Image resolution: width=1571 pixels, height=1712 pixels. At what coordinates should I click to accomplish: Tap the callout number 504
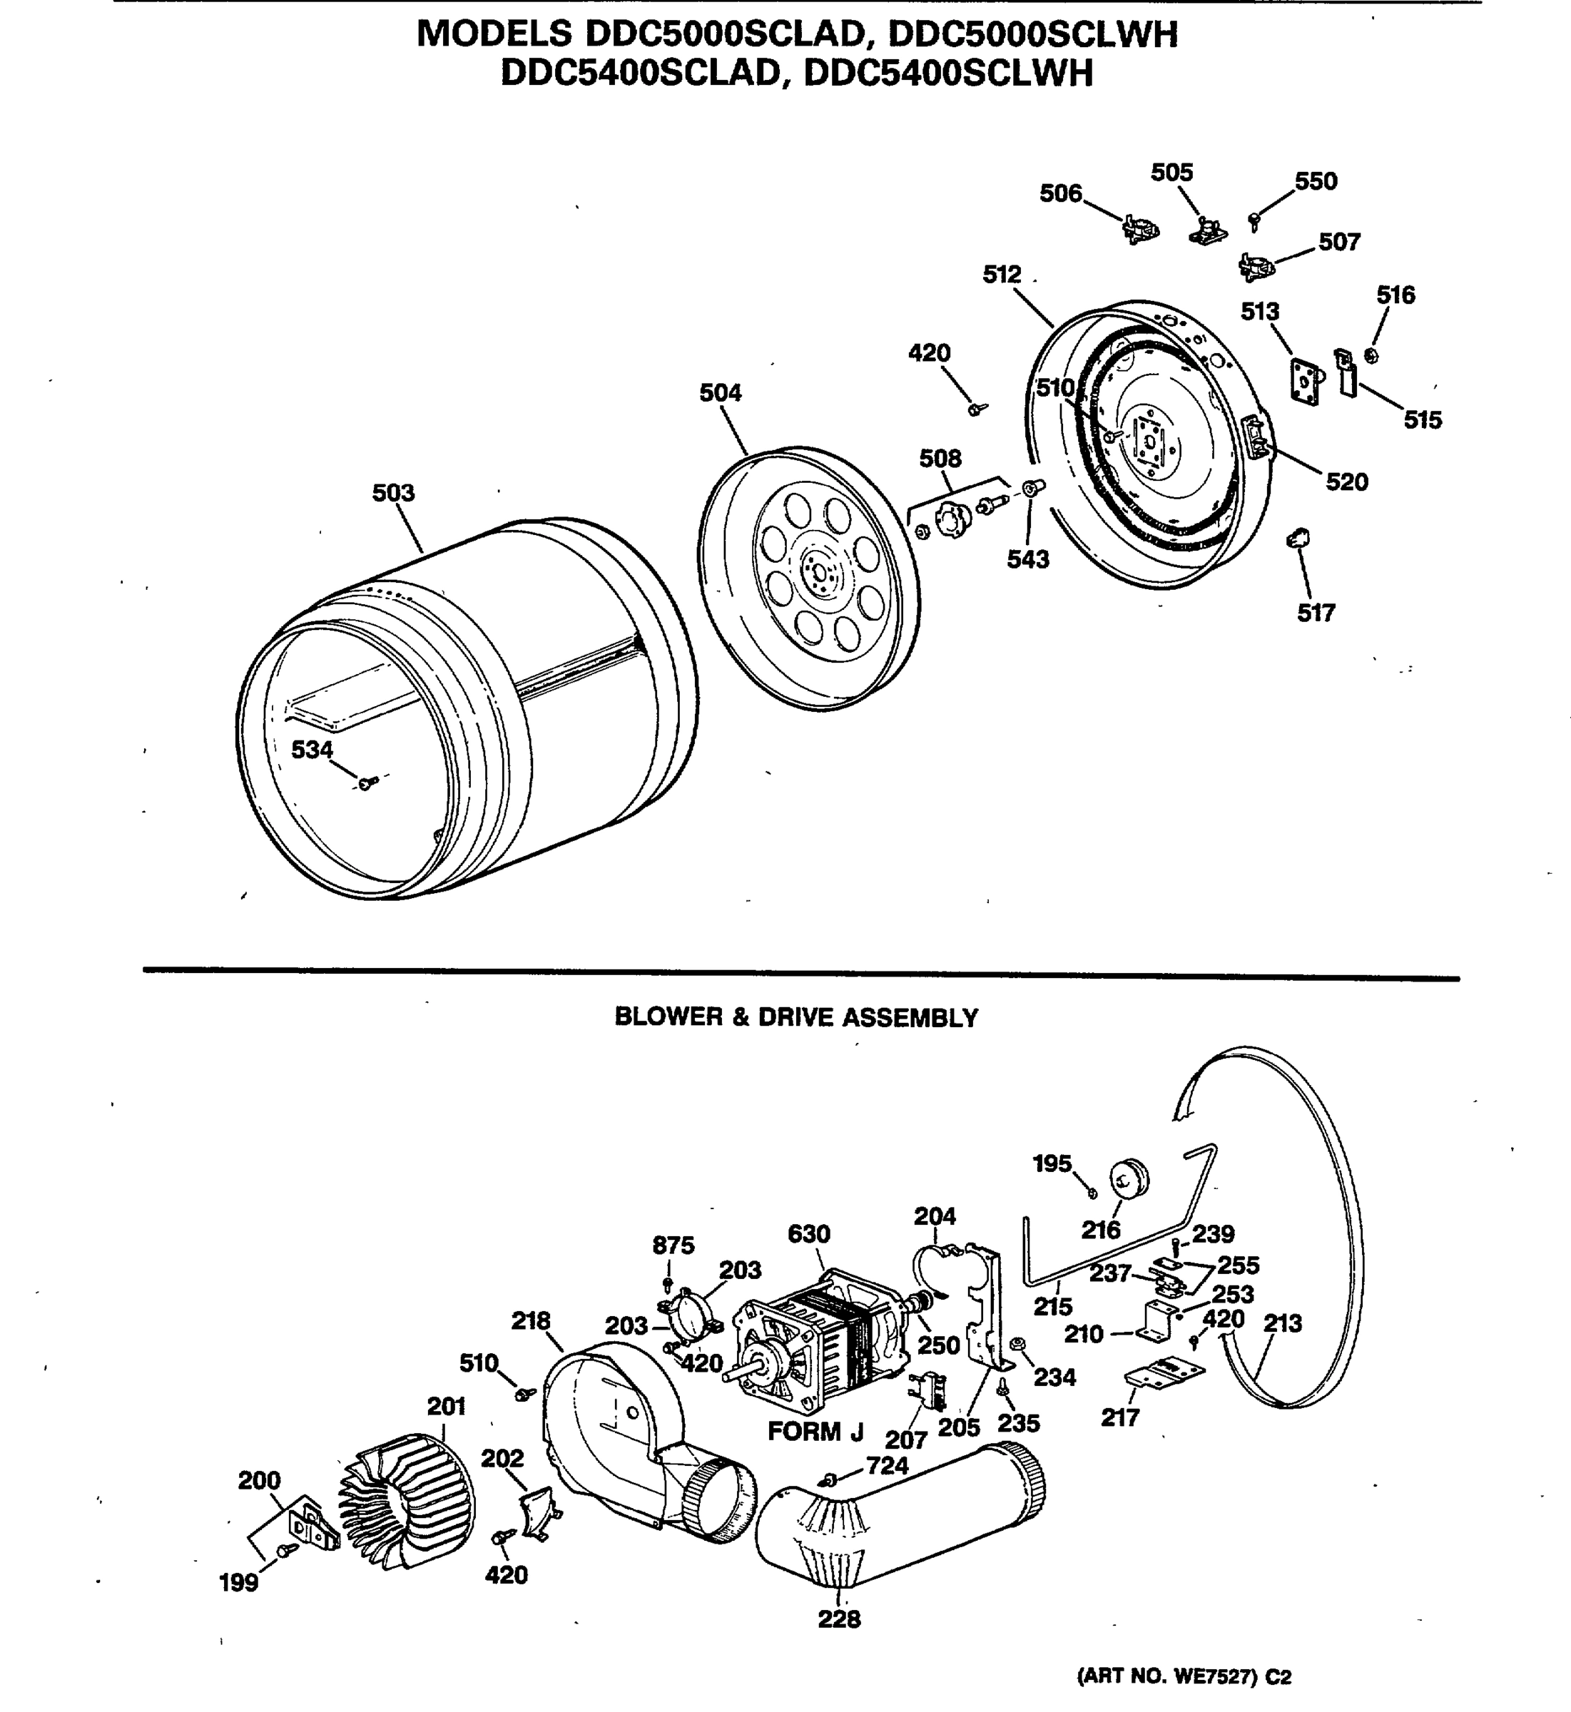[x=720, y=393]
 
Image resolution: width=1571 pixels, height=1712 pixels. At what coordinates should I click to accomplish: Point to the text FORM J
[x=815, y=1432]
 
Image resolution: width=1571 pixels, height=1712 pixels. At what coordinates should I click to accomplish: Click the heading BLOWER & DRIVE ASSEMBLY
[x=795, y=1017]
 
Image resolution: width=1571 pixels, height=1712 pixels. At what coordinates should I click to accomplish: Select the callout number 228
[x=839, y=1619]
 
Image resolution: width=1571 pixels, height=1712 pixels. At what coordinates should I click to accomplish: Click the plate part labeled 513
[x=1305, y=380]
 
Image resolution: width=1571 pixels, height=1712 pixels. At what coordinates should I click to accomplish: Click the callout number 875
[x=673, y=1245]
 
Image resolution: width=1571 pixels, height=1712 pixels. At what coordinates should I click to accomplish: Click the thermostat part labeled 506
[x=1140, y=229]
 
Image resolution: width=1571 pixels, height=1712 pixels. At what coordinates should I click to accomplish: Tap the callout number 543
[x=1028, y=559]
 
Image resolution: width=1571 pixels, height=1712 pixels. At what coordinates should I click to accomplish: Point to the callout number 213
[x=1282, y=1323]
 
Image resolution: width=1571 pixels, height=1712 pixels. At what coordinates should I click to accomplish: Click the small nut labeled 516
[x=1371, y=355]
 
